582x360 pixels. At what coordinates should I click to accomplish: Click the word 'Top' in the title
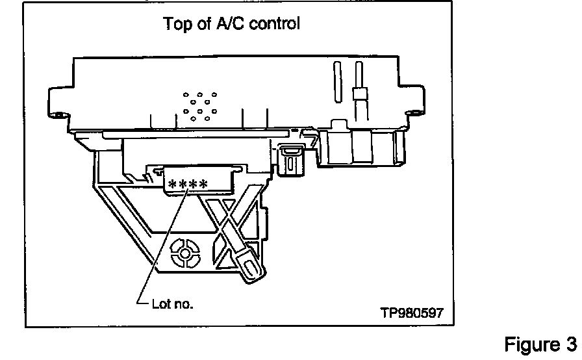[x=177, y=24]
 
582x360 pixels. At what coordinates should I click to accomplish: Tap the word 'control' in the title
[x=275, y=24]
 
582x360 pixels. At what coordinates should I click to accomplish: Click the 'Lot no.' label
[x=172, y=303]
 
